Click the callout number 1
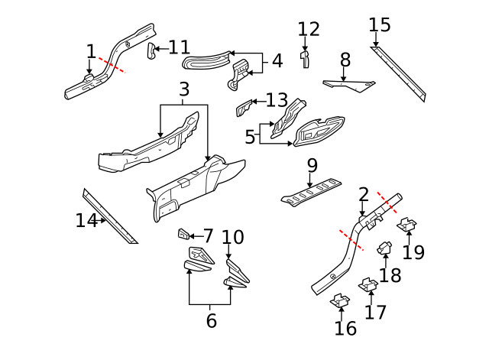(91, 51)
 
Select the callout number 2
(363, 194)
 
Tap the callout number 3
(183, 90)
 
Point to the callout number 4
(277, 60)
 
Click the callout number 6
(212, 321)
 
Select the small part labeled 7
(184, 234)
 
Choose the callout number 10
(232, 237)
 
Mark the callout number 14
(86, 221)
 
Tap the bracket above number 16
(338, 303)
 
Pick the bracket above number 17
(368, 285)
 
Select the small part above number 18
(386, 249)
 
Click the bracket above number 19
(407, 225)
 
